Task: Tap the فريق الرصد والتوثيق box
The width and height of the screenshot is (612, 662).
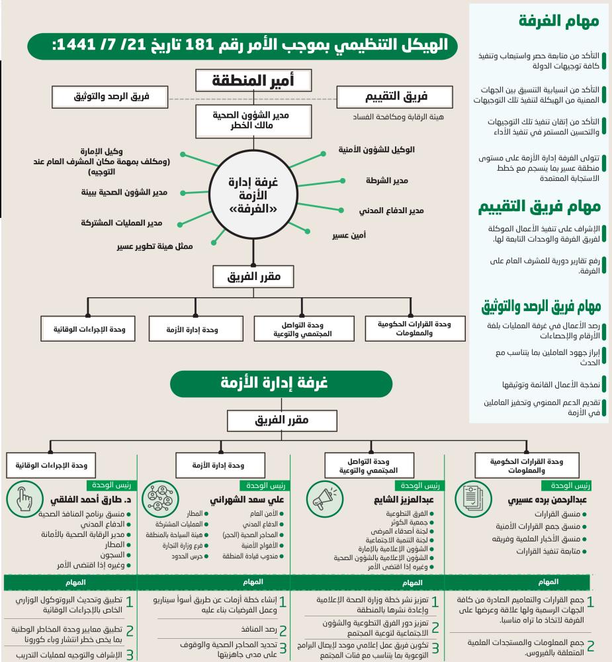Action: (x=111, y=96)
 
